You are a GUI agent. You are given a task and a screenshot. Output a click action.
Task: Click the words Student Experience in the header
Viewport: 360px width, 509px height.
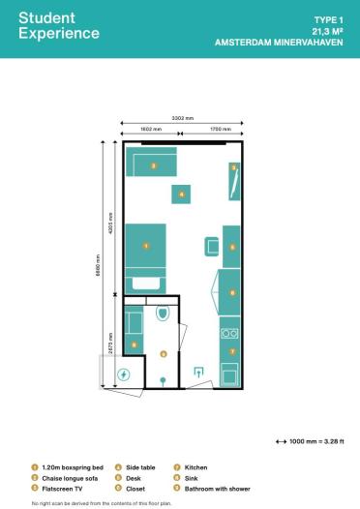coord(59,26)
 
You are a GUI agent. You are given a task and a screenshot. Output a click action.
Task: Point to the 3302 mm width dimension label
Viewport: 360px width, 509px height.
coord(182,117)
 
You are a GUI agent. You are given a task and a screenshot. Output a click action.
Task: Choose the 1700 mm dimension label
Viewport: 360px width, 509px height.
coord(213,128)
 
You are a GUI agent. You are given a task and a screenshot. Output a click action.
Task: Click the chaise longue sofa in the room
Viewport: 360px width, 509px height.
coord(152,164)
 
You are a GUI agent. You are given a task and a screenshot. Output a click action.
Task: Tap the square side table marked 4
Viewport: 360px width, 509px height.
coord(182,194)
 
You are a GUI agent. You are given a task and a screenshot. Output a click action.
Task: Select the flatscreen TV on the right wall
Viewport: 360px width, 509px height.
coord(234,180)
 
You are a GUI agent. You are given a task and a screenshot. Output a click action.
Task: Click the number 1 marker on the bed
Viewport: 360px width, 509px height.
coord(145,247)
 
